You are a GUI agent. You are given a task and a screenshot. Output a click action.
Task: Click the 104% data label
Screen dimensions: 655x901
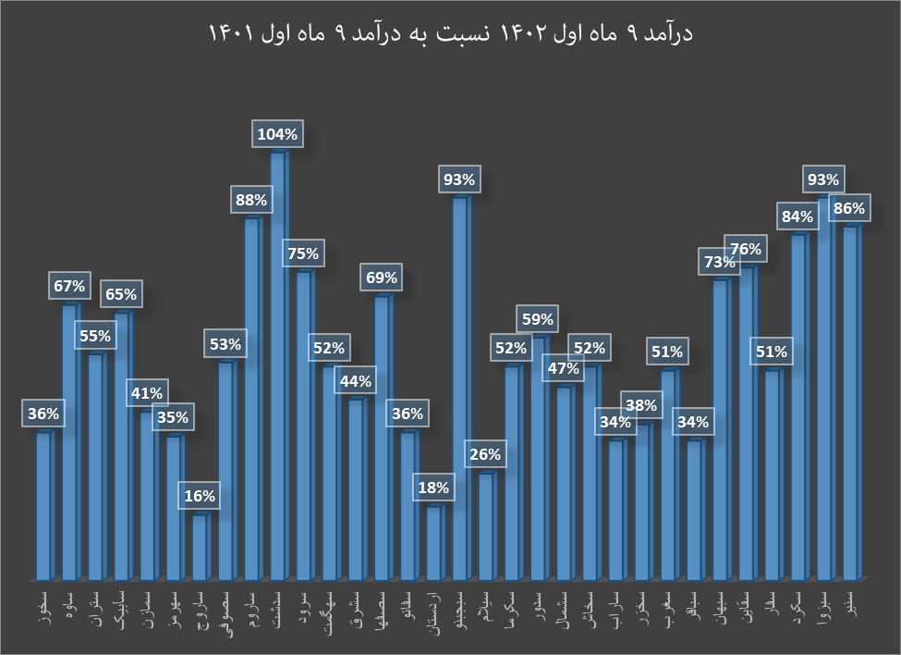(277, 135)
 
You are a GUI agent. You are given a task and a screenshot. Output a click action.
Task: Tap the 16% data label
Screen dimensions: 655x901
(199, 496)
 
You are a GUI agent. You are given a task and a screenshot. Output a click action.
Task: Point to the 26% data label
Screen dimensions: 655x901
(485, 454)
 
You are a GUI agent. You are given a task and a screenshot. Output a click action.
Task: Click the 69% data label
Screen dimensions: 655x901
(381, 278)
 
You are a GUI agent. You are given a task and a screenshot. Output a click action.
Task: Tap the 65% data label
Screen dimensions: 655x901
(121, 295)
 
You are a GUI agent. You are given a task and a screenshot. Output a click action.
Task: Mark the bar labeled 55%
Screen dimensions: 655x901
(96, 463)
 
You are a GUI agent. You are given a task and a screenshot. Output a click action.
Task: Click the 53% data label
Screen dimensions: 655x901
(225, 344)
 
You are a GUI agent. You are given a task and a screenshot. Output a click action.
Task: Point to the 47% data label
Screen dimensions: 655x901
(563, 368)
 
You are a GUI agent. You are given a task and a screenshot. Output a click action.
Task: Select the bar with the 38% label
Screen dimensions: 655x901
(642, 500)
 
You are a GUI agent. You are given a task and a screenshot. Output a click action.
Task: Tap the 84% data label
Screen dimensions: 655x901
(797, 217)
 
